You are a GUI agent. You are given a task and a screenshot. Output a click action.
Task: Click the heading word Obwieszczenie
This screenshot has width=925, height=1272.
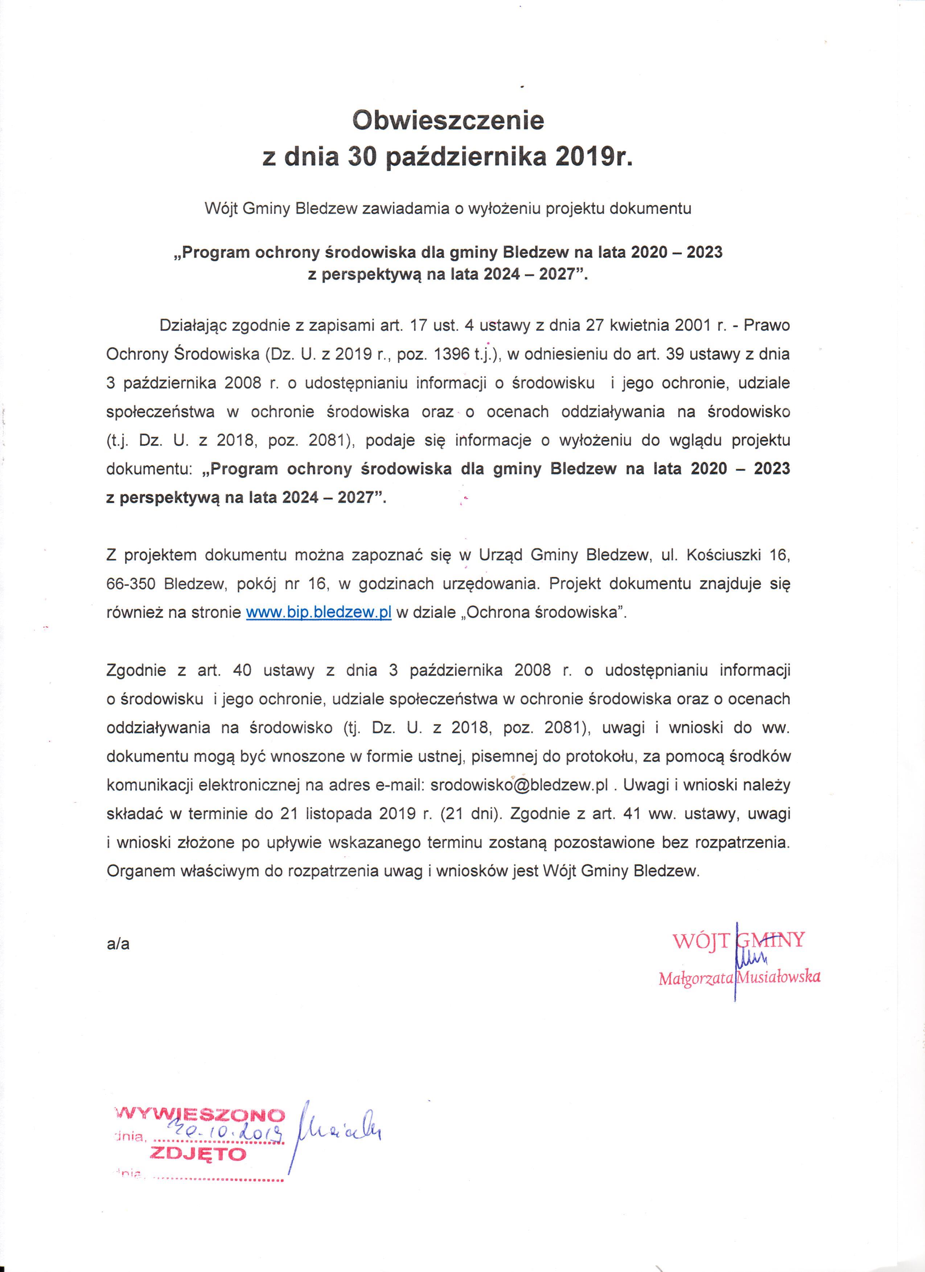pos(448,120)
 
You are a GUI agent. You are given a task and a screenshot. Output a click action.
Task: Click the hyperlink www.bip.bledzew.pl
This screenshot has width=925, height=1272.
pos(318,613)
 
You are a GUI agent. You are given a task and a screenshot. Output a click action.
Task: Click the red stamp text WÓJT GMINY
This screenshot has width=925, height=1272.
pos(739,940)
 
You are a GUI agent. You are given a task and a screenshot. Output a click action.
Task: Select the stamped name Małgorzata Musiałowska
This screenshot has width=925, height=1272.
pos(739,977)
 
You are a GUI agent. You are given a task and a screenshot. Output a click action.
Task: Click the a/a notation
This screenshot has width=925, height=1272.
pos(118,944)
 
